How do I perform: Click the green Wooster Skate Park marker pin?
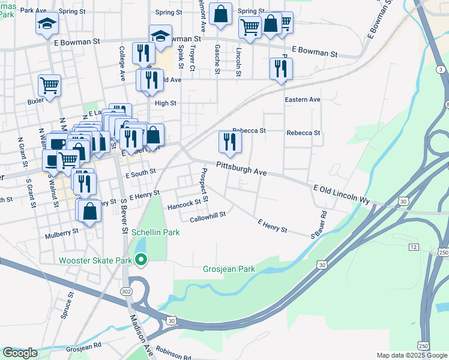pos(142,260)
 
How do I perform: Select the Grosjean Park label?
pos(229,269)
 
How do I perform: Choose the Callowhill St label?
pos(207,216)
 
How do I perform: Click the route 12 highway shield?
pos(413,247)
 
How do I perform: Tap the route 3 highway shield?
pos(441,70)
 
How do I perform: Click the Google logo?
pos(20,353)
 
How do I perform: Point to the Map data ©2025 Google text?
pos(412,355)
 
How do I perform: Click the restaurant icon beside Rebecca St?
pos(229,142)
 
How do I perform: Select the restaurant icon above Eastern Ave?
pos(281,68)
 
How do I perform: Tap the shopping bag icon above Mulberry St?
pos(89,211)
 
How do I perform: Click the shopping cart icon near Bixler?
pos(49,85)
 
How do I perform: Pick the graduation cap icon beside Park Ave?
pos(47,23)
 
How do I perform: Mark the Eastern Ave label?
pos(303,99)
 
